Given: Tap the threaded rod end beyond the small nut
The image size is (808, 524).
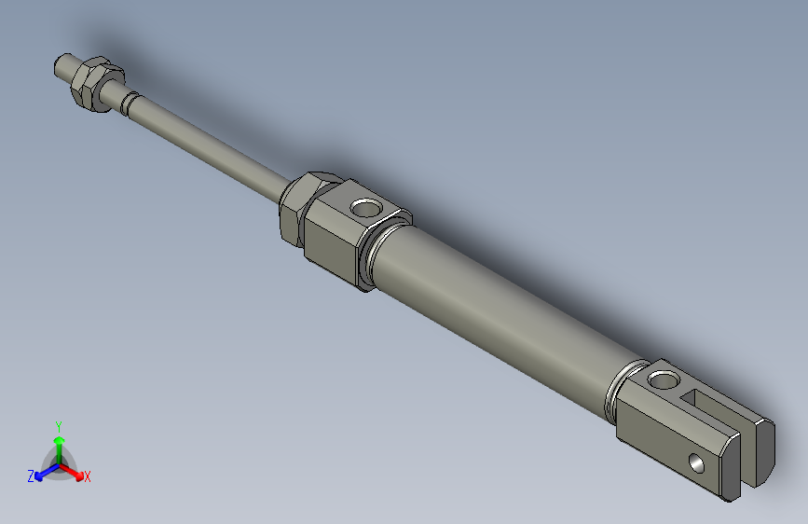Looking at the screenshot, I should pyautogui.click(x=64, y=67).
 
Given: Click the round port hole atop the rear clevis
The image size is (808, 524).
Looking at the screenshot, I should pyautogui.click(x=664, y=379).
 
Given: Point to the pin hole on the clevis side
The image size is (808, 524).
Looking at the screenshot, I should pyautogui.click(x=695, y=462).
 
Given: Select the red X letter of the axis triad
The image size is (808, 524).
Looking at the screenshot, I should pyautogui.click(x=88, y=477).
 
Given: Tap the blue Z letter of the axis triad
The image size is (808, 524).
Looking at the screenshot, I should pyautogui.click(x=31, y=476).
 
